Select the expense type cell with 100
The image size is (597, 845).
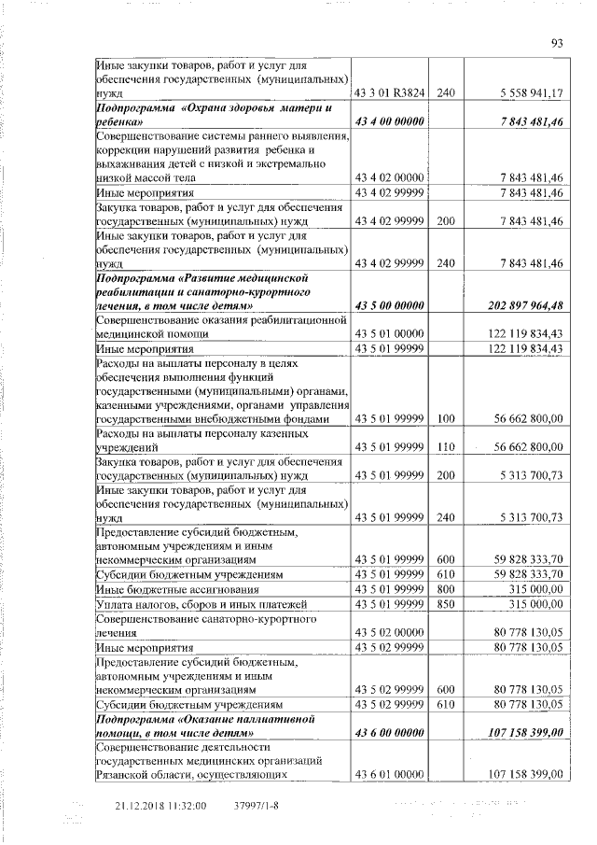[x=445, y=420]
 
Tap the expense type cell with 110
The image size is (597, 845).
[x=445, y=447]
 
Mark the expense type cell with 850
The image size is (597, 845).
[x=445, y=605]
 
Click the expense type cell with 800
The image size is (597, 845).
[x=445, y=590]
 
